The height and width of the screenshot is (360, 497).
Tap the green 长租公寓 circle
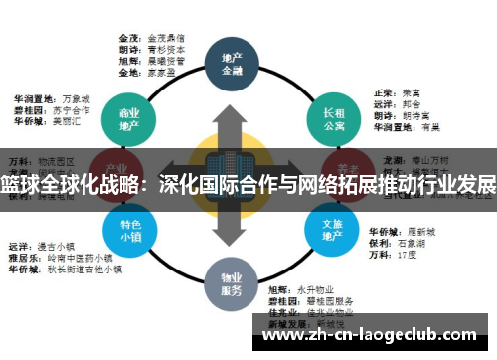(332, 118)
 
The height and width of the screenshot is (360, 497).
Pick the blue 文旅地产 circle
(332, 230)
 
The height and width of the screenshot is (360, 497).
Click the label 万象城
(76, 99)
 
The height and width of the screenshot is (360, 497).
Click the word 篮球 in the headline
(21, 186)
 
